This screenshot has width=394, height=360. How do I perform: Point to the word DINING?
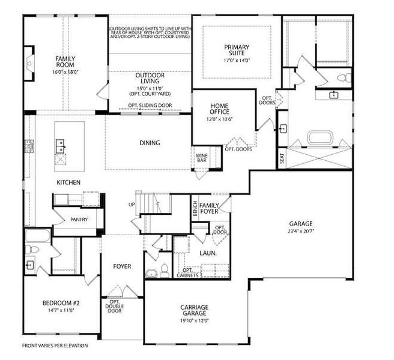[150, 143]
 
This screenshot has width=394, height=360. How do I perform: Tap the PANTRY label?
[79, 220]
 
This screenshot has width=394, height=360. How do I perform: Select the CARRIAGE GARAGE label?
[194, 310]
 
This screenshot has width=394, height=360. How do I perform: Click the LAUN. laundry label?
[208, 253]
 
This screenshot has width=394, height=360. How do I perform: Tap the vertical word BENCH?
[195, 209]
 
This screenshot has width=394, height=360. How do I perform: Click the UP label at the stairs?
[132, 205]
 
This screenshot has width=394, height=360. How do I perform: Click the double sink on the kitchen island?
[61, 145]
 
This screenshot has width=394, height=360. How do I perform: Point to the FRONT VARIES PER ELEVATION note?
[55, 346]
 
